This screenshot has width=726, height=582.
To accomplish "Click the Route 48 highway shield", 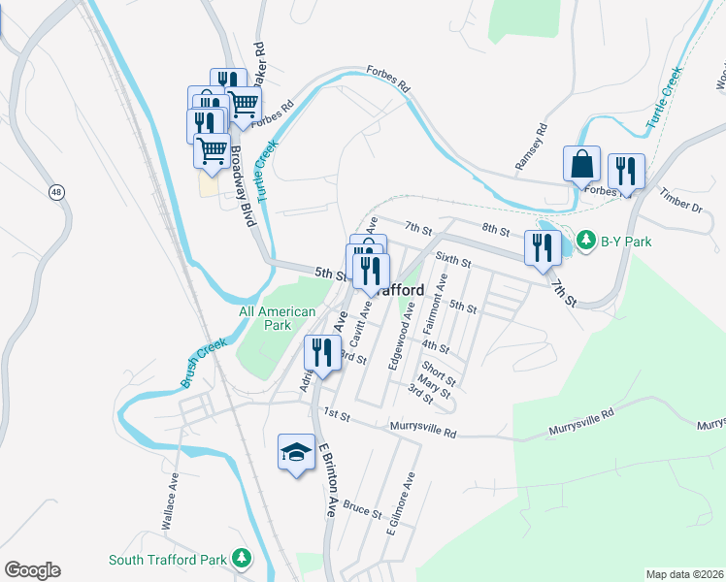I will tap(57, 192).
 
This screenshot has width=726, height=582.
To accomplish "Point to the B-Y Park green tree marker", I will tap(586, 239).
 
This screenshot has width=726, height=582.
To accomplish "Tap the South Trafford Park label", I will tap(168, 560).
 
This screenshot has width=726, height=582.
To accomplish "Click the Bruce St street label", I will tap(363, 508).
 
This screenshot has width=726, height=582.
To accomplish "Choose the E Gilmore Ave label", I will tap(400, 503).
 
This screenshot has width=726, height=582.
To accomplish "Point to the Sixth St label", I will tap(453, 260).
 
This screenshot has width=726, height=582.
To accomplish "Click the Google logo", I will tap(31, 570).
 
